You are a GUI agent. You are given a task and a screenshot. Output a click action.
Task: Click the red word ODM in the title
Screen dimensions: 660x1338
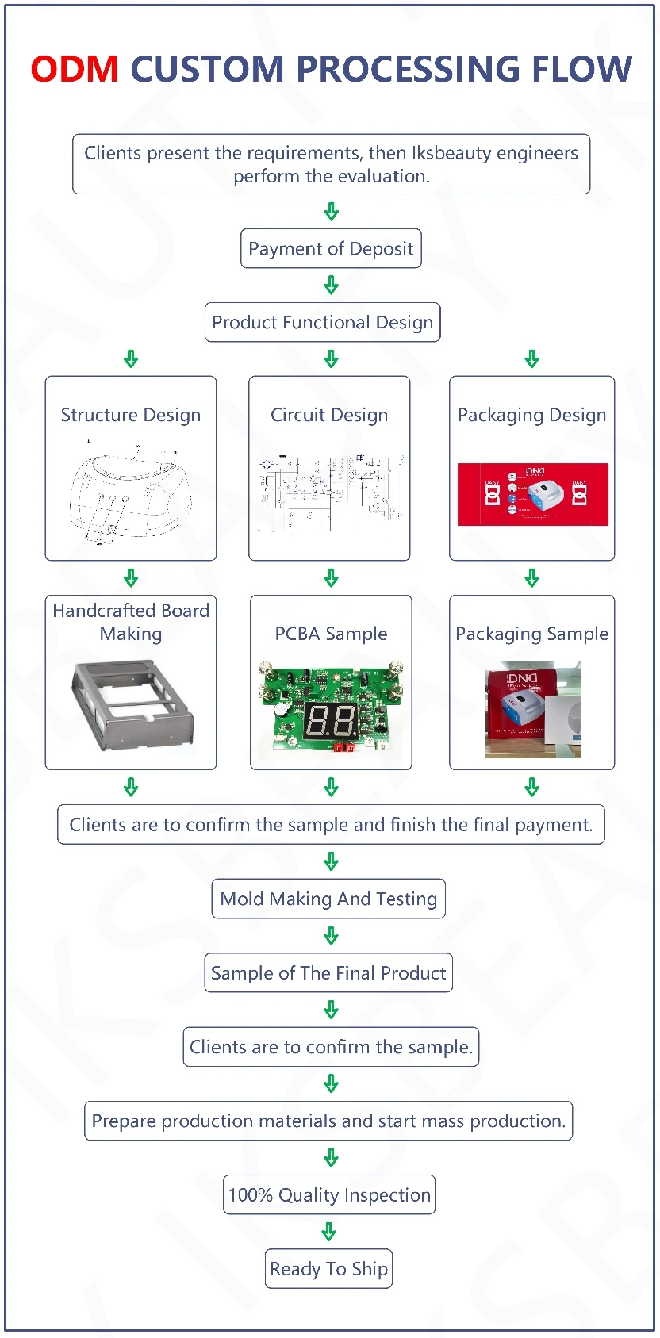click(x=75, y=69)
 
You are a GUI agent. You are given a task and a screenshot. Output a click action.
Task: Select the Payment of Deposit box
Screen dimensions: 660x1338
click(x=331, y=249)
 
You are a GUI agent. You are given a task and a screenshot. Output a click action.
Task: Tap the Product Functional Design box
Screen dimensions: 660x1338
click(x=322, y=322)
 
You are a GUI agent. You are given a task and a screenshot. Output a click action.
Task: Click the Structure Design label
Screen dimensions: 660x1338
click(x=131, y=415)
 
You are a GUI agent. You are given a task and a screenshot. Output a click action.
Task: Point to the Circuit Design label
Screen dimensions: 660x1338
click(x=329, y=415)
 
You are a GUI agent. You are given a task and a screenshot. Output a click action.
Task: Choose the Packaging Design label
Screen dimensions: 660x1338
click(x=531, y=415)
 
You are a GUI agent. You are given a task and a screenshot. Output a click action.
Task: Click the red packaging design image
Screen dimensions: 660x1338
click(x=532, y=494)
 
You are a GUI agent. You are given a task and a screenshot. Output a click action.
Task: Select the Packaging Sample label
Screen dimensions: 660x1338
click(x=531, y=634)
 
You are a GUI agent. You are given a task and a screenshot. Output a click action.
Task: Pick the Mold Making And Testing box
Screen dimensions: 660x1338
click(x=328, y=899)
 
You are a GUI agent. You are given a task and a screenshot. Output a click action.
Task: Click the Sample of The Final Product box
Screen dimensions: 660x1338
click(x=328, y=973)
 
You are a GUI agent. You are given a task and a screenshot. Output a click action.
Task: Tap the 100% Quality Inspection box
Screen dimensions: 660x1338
click(x=329, y=1195)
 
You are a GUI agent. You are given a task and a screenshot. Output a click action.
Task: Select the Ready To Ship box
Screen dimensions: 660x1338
click(x=328, y=1269)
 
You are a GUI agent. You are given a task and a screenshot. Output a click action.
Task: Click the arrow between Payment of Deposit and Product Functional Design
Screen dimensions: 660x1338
click(x=332, y=286)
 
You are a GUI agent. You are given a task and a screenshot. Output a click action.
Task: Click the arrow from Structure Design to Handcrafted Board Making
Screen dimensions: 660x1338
click(x=131, y=577)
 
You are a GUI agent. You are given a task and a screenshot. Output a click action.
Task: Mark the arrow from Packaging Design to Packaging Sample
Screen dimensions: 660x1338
click(x=532, y=577)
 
